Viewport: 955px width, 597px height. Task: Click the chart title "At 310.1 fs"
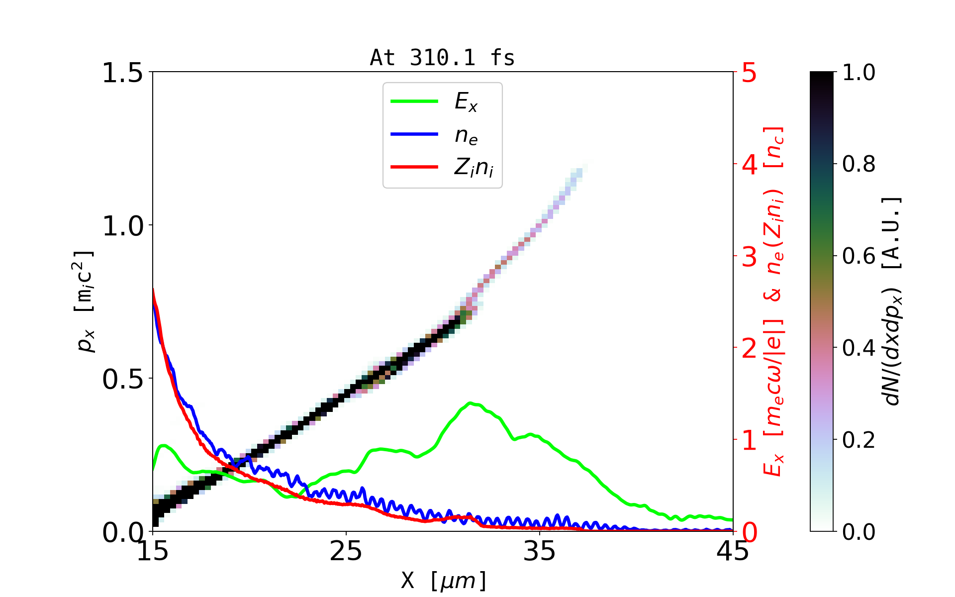[442, 58]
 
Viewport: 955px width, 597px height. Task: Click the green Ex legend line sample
[414, 101]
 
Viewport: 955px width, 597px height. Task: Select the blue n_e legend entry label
[466, 135]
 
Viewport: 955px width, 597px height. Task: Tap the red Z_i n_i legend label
[474, 168]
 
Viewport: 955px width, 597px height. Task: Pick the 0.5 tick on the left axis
[122, 379]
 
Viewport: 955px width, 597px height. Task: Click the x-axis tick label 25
[346, 551]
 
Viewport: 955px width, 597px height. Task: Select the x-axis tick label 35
[540, 551]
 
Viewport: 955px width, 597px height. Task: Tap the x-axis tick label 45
[733, 551]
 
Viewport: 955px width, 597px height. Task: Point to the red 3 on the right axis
[749, 257]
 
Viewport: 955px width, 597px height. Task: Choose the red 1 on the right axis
[749, 440]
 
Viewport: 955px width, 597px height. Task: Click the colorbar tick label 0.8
[859, 164]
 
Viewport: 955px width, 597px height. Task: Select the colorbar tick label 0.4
[859, 348]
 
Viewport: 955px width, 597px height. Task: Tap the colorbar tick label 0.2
[859, 440]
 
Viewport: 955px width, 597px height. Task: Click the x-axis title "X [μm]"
[444, 580]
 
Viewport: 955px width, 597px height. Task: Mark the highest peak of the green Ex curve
[470, 403]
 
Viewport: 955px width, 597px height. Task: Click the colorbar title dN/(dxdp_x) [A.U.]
[893, 301]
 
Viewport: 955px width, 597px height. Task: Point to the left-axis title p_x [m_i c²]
[85, 301]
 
